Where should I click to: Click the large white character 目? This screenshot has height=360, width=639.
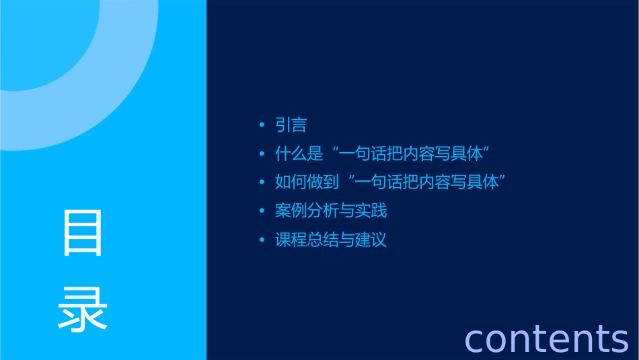[x=83, y=232]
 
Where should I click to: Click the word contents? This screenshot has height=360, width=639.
[x=546, y=338]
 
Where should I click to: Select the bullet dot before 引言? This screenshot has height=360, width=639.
[x=262, y=125]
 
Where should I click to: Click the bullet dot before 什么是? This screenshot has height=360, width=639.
[x=262, y=154]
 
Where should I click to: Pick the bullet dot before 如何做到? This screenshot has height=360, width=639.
[x=262, y=182]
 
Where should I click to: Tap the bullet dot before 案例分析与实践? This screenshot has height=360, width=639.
[x=262, y=211]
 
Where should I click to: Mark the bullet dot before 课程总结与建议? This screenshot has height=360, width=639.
[x=262, y=240]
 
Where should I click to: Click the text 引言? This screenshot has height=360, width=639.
[x=291, y=125]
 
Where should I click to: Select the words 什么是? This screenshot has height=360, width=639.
[x=299, y=154]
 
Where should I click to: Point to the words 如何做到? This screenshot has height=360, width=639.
[x=307, y=182]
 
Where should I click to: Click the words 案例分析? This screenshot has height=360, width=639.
[x=307, y=211]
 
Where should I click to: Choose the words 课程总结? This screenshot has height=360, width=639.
[x=307, y=240]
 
